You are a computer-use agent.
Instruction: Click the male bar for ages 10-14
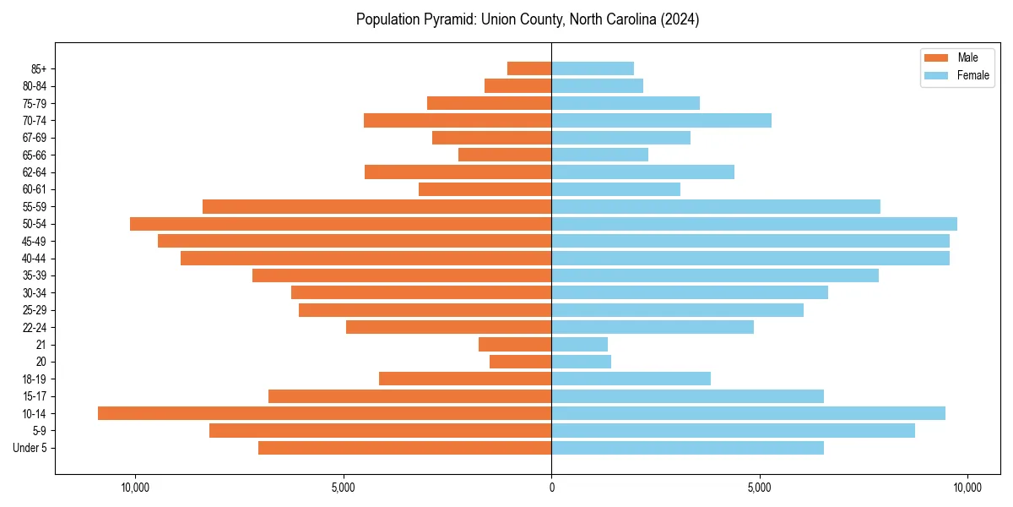coord(324,413)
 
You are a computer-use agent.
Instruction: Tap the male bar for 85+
coord(529,68)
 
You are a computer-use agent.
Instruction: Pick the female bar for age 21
coord(579,344)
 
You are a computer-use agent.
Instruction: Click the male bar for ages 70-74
coord(458,120)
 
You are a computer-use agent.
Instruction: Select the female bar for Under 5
coord(687,448)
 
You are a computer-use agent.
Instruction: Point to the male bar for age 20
coord(520,362)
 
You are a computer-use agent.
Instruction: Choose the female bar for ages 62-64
coord(642,172)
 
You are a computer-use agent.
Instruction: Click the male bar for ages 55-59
coord(376,206)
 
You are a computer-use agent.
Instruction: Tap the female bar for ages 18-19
coord(631,379)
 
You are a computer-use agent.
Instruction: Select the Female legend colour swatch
coord(936,75)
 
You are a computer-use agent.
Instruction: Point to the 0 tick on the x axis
coord(551,488)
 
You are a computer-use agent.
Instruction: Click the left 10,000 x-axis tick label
coord(135,488)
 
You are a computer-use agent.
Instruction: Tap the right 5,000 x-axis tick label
coord(759,488)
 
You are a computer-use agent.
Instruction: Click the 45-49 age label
coord(35,241)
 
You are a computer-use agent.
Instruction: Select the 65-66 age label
coord(35,155)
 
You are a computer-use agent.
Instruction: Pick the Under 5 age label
coord(30,448)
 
